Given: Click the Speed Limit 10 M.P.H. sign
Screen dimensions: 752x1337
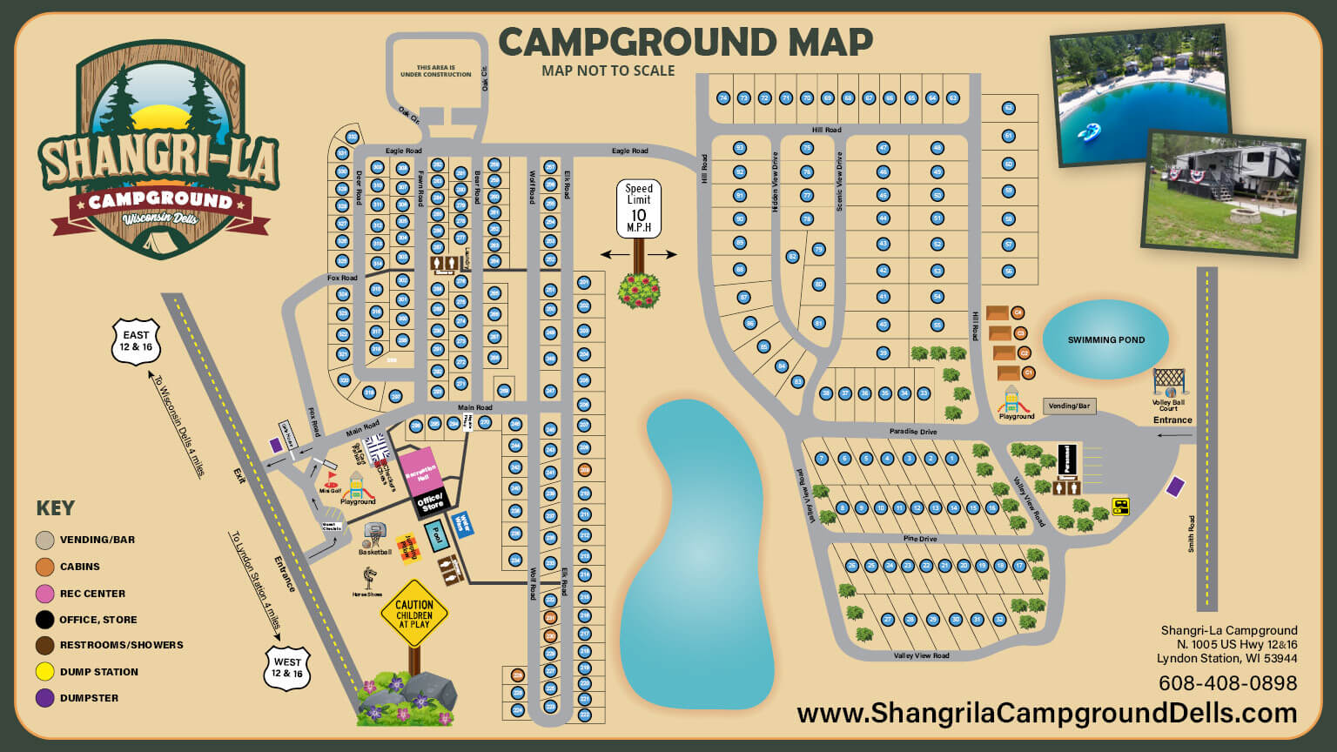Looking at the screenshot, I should (639, 209).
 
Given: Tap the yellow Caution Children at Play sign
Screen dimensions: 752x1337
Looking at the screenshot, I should (414, 614).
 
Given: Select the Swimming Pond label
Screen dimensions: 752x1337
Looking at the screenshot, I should (1106, 339).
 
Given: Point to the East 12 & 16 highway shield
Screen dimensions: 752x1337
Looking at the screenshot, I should (137, 340).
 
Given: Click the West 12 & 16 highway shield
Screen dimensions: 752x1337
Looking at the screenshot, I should (287, 668).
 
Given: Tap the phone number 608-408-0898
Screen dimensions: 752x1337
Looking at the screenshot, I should (1227, 683).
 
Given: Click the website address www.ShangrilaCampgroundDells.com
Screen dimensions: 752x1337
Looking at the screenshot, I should (1046, 713).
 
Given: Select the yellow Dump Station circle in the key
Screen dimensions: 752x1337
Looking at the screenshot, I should (45, 672).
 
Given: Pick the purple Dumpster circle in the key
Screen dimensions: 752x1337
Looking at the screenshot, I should (45, 698).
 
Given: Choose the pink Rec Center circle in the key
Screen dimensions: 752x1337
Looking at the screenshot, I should (45, 594).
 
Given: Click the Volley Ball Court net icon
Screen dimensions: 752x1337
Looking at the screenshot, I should (1169, 382).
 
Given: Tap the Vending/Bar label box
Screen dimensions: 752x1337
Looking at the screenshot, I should (1069, 406).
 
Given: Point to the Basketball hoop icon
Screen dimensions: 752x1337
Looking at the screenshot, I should (374, 534).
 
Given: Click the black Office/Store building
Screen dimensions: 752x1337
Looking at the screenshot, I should (431, 503).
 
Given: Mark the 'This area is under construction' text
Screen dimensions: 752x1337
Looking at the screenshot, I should (436, 71).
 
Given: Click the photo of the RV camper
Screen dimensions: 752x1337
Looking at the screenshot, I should (1223, 193).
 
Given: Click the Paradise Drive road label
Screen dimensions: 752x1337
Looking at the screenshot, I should (913, 432).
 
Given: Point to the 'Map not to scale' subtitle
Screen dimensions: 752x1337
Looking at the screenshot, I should (608, 70).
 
